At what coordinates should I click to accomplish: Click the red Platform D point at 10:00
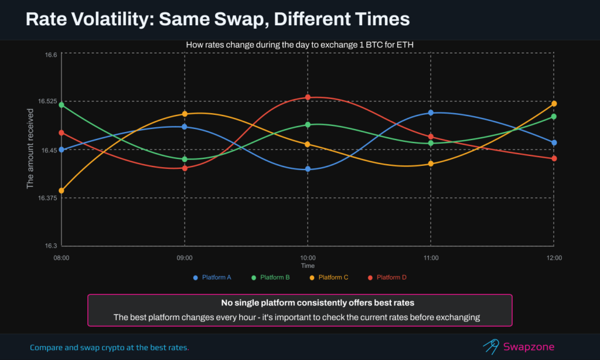(x=308, y=97)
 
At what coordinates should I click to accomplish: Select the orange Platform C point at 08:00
(x=62, y=191)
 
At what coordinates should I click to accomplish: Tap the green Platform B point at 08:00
(x=62, y=105)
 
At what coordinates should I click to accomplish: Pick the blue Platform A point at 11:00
(x=431, y=112)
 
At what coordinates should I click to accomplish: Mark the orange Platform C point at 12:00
(x=554, y=104)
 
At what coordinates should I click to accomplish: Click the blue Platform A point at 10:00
(x=308, y=169)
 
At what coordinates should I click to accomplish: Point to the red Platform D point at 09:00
(x=185, y=168)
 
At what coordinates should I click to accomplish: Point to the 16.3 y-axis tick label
(x=51, y=246)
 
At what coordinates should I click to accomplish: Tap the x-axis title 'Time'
(x=308, y=266)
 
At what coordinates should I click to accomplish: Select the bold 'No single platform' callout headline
(x=299, y=304)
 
